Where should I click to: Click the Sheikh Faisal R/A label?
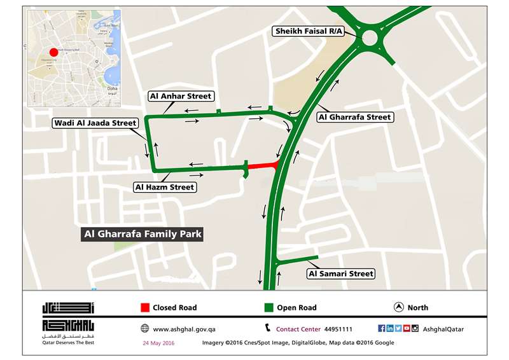click(x=309, y=31)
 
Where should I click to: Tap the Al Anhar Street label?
click(x=179, y=96)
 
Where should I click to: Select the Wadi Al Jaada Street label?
click(x=94, y=123)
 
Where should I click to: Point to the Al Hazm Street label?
click(x=164, y=187)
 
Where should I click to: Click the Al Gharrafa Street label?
click(x=354, y=117)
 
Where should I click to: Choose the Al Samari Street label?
click(x=340, y=273)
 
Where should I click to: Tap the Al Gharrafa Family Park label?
click(x=143, y=234)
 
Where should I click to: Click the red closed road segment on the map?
click(x=261, y=166)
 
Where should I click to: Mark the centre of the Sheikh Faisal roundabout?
click(x=370, y=38)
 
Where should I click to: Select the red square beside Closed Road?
click(x=144, y=308)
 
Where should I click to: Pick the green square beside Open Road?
click(x=269, y=308)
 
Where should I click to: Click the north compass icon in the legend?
click(x=399, y=307)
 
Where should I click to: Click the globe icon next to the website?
click(x=144, y=329)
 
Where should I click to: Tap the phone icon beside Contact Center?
click(x=268, y=328)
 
